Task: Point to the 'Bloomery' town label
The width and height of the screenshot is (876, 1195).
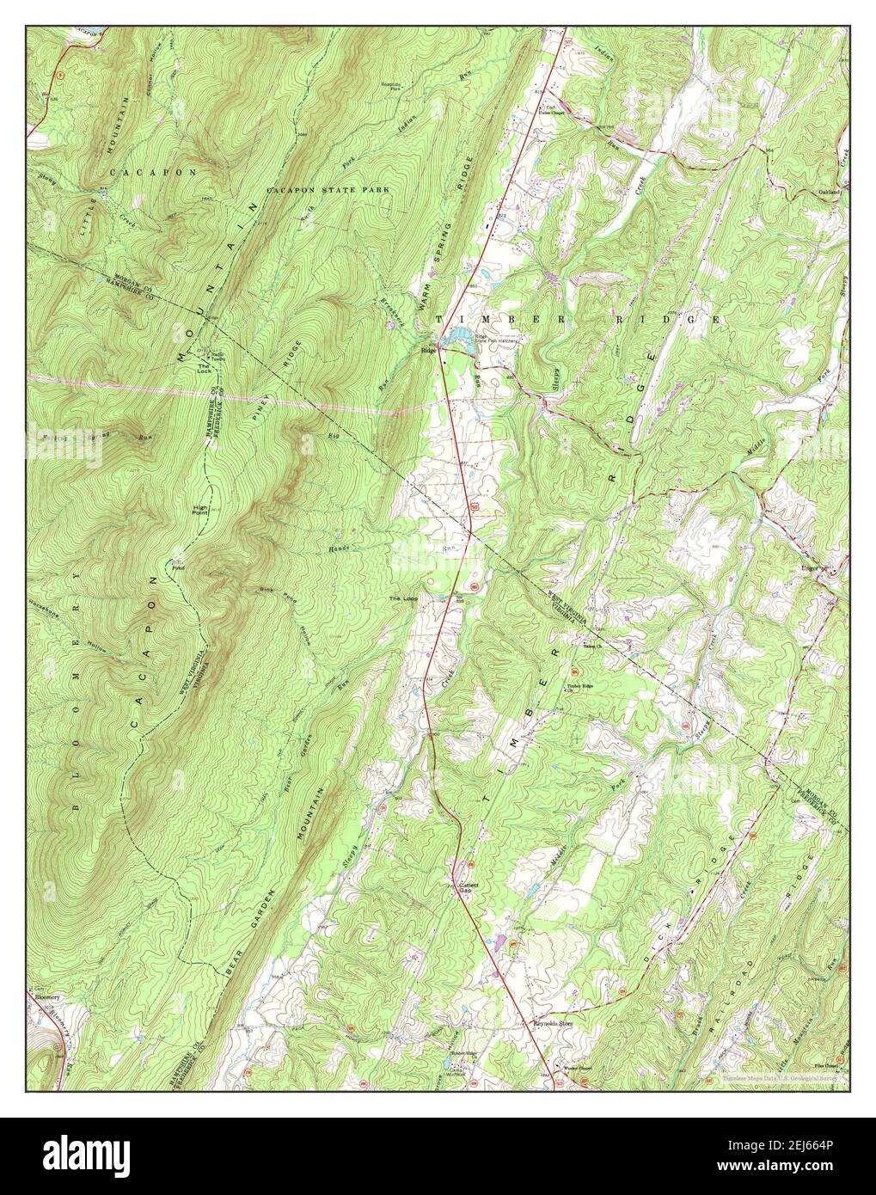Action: pyautogui.click(x=48, y=997)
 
